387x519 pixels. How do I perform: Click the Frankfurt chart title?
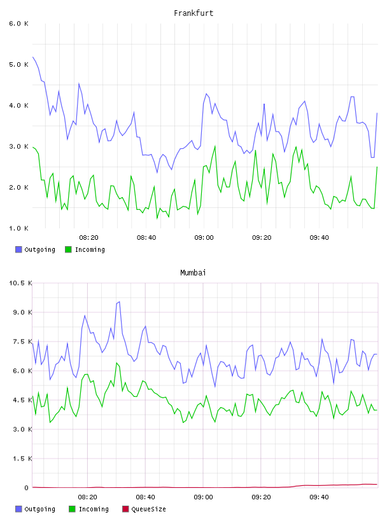point(193,13)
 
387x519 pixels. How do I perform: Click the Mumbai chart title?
point(193,273)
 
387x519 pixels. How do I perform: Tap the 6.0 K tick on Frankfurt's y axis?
point(19,24)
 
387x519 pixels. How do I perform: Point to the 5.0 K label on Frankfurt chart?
point(19,64)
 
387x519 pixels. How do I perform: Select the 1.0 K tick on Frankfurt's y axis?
point(19,228)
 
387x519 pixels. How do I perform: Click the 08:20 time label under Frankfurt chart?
point(89,238)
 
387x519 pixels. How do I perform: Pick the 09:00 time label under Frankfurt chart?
point(204,238)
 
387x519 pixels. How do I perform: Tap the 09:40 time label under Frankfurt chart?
point(320,238)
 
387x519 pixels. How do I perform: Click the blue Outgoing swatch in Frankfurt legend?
point(18,249)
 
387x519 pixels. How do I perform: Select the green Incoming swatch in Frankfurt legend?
point(68,249)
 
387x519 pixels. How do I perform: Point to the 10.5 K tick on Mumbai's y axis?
point(20,283)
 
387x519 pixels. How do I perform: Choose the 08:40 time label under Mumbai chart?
point(146,497)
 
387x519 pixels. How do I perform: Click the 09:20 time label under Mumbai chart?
point(261,497)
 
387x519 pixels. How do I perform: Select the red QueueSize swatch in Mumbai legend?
point(125,509)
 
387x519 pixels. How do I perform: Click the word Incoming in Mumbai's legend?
point(94,509)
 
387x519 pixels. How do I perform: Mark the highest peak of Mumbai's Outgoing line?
point(119,301)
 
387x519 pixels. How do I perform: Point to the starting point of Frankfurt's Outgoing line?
point(33,57)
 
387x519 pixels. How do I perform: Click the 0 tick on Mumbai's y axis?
point(27,488)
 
